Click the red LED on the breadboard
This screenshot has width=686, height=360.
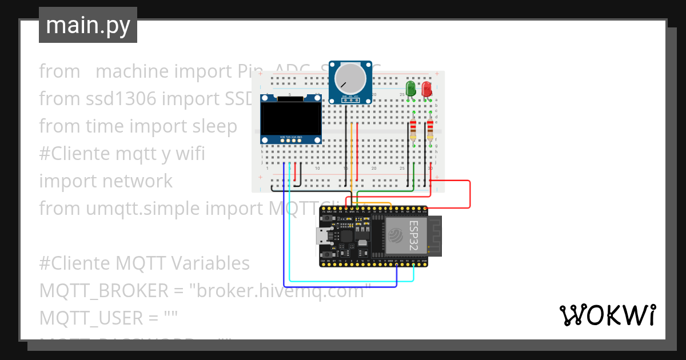(426, 88)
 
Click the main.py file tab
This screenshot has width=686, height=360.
(88, 25)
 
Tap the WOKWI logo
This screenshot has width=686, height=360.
(607, 315)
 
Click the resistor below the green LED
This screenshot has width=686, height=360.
(413, 130)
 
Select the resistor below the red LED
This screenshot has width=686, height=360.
(430, 130)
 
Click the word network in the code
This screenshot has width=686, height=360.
(137, 181)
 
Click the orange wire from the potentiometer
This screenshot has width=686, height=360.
(351, 160)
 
